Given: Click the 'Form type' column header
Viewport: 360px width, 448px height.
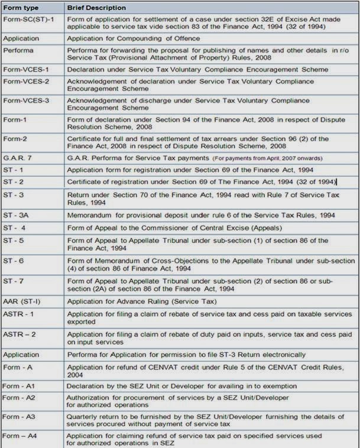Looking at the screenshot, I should [22, 8].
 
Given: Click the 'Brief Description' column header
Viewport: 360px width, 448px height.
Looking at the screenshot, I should [96, 8].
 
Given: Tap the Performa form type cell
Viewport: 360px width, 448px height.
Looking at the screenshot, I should [18, 50].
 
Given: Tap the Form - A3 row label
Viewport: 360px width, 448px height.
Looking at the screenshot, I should [20, 416].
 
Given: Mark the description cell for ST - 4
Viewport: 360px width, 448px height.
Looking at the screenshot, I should [174, 228].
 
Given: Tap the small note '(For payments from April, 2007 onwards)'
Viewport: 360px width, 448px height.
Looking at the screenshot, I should [267, 158].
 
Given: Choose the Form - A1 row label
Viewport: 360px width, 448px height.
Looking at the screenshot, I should [20, 386].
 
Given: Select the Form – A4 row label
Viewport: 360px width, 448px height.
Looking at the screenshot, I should [20, 436].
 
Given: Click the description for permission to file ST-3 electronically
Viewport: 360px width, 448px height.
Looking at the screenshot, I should [186, 355].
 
